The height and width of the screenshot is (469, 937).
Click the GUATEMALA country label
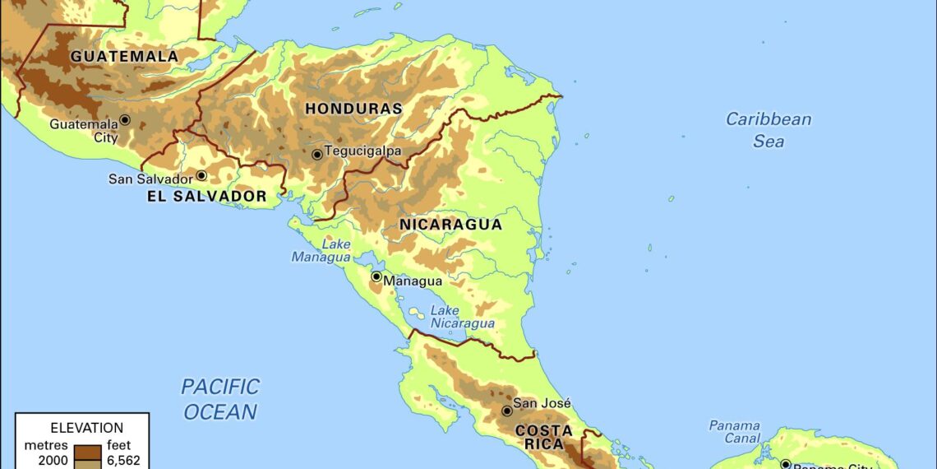coord(124,57)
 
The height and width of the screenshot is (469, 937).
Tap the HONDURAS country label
coord(353,109)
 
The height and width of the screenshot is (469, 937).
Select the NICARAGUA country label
coord(450,225)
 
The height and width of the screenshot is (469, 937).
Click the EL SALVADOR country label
coord(207,197)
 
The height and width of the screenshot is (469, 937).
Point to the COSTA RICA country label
coord(543,437)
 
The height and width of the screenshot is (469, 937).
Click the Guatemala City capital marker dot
coord(125,119)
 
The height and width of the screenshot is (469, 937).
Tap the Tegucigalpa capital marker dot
coord(316,154)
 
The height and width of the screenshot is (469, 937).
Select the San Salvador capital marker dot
coord(201,175)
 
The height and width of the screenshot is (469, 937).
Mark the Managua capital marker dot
coord(376,277)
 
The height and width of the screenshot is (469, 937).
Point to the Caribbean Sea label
coord(768,130)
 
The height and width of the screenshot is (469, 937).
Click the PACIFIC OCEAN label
coord(219,398)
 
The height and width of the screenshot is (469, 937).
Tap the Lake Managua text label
coord(321,251)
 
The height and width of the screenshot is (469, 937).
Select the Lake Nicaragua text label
coord(463,317)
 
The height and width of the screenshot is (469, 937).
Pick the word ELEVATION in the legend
coord(86,428)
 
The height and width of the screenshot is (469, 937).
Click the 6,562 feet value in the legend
coord(119,460)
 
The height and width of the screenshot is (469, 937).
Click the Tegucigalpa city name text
coord(362,151)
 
